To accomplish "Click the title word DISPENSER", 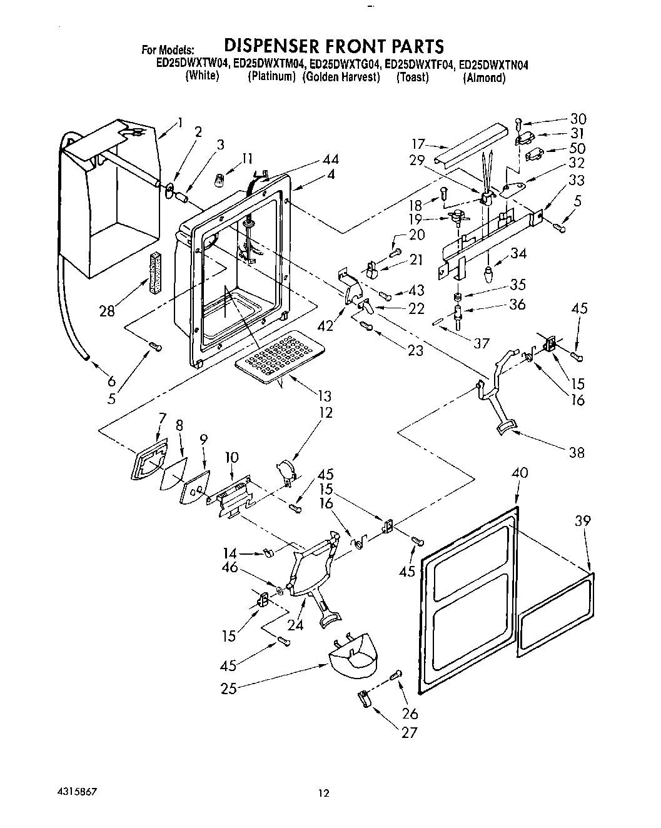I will click(271, 46).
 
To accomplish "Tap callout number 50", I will click(577, 149).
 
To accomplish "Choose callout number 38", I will click(577, 452).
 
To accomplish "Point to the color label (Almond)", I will click(484, 78).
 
